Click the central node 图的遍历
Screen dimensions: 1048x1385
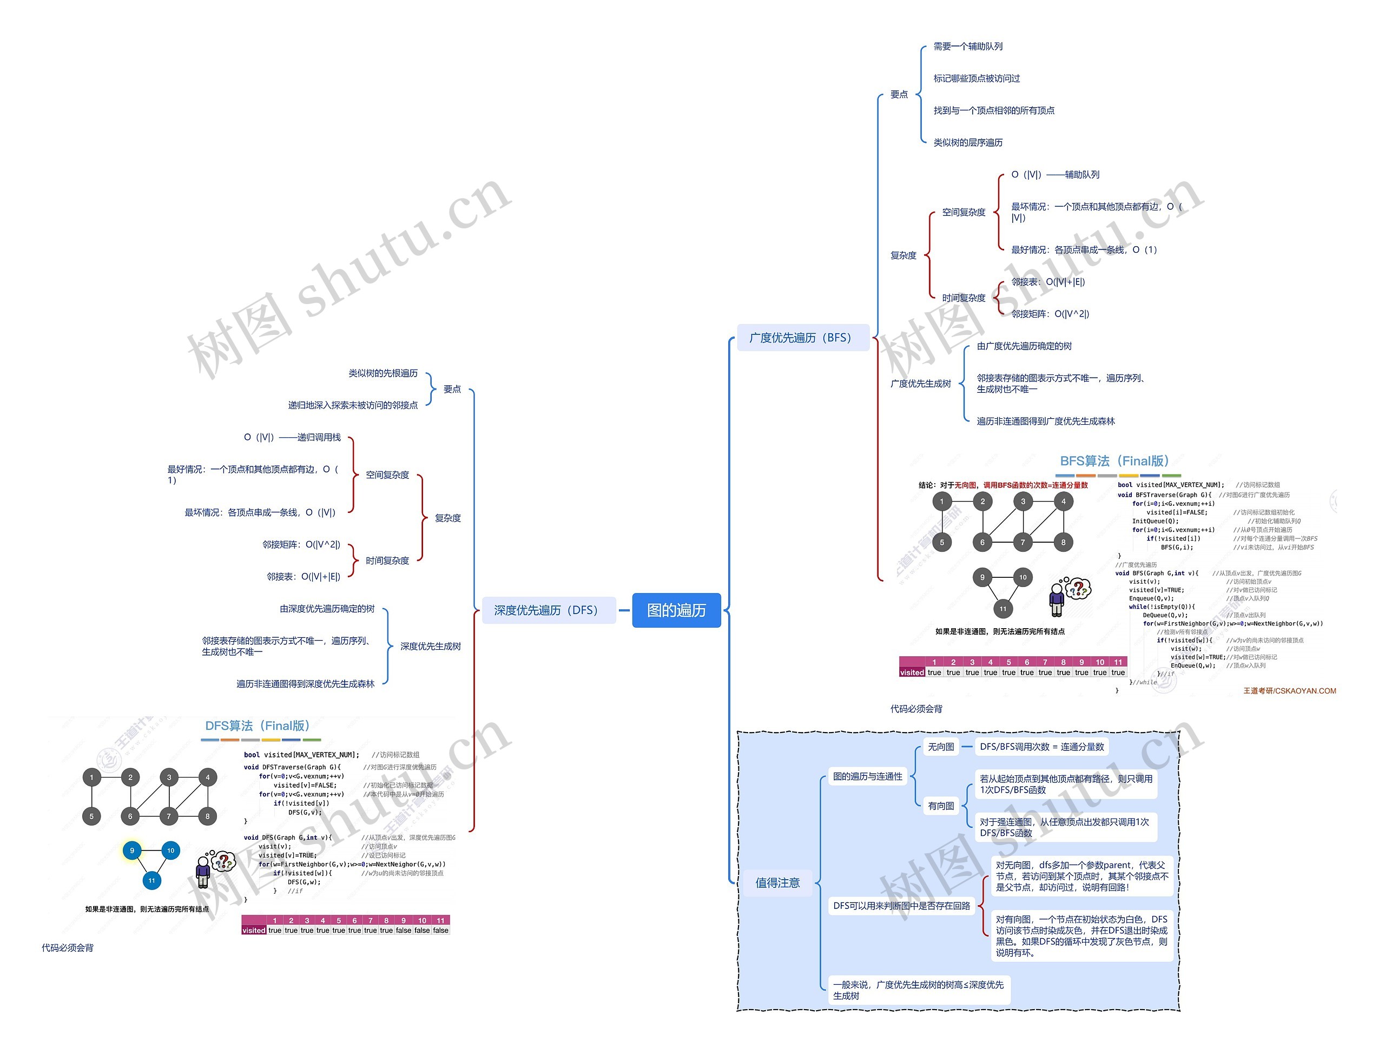click(x=676, y=610)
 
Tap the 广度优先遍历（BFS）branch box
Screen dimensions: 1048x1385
click(x=801, y=338)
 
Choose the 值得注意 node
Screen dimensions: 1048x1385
click(x=777, y=883)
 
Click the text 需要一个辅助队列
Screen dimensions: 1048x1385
click(x=967, y=47)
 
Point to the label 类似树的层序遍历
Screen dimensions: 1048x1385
click(x=967, y=143)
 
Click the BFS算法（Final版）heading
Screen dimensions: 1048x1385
click(x=1114, y=462)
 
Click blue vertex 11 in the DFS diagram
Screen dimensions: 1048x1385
click(x=151, y=880)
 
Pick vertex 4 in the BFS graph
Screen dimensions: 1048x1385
click(x=1063, y=501)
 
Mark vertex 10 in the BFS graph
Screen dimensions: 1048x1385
click(x=1023, y=577)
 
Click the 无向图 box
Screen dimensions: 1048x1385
click(x=941, y=747)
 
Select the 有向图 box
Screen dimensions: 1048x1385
click(x=941, y=806)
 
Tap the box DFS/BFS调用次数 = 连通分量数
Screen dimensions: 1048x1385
click(x=1042, y=747)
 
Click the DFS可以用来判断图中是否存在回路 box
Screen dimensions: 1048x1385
click(x=902, y=905)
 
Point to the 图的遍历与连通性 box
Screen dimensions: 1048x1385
click(x=868, y=776)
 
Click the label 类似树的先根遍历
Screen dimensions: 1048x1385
click(x=382, y=373)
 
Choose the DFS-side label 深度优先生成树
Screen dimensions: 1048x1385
click(x=430, y=646)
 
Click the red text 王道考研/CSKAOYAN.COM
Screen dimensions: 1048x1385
click(x=1289, y=691)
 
